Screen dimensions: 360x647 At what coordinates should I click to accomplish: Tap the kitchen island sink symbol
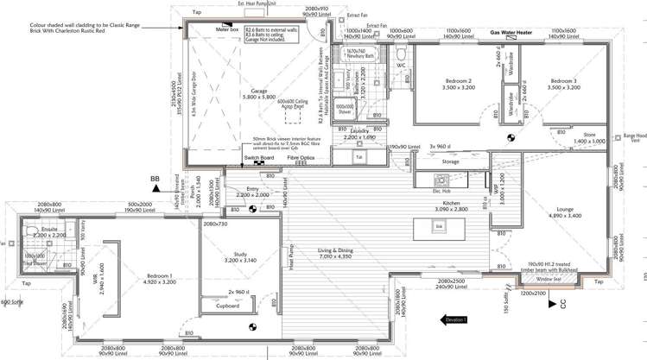(x=439, y=226)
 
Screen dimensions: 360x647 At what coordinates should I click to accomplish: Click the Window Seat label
(x=548, y=279)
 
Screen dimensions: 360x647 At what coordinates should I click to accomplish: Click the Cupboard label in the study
(x=228, y=305)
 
